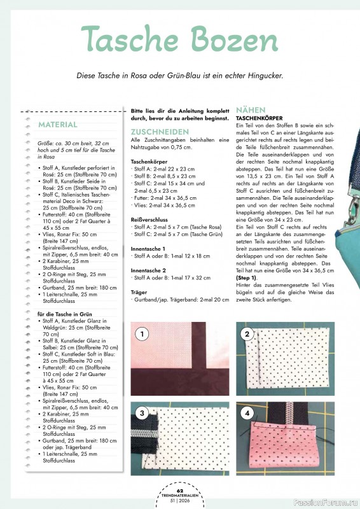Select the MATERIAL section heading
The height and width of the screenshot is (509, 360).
(x=58, y=125)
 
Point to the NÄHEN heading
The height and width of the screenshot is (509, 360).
(x=251, y=110)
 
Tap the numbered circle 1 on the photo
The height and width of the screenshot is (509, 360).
(x=143, y=333)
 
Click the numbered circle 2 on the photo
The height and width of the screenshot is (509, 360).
(x=247, y=333)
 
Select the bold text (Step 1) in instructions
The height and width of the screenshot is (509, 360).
(x=247, y=278)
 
